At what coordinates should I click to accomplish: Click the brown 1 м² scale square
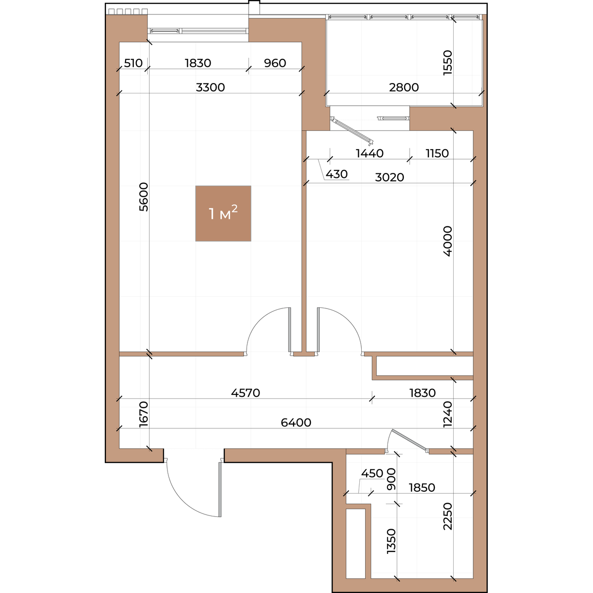[223, 213]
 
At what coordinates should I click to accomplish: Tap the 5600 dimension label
[144, 197]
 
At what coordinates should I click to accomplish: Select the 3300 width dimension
[211, 87]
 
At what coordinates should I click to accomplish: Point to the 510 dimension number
[133, 63]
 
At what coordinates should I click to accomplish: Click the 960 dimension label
[275, 63]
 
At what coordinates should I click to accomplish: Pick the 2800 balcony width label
[404, 87]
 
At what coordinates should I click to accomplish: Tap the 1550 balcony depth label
[448, 62]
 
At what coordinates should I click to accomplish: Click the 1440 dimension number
[370, 153]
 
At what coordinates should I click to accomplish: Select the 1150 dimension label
[437, 153]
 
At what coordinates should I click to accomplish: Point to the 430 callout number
[337, 174]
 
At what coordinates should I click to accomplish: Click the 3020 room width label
[389, 177]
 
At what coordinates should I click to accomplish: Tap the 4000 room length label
[448, 241]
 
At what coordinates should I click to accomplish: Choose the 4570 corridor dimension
[246, 393]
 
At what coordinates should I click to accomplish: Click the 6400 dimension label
[296, 423]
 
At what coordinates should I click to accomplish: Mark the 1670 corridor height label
[144, 414]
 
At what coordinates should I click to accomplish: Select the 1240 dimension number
[448, 414]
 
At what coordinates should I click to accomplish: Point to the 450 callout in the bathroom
[372, 473]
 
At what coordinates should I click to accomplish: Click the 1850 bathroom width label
[422, 487]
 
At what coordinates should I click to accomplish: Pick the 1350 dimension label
[391, 541]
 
